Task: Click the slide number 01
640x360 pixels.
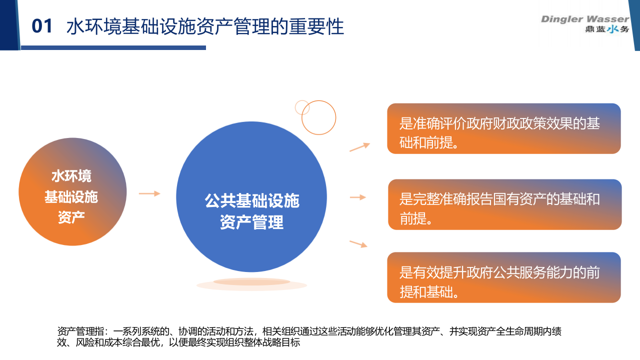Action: coord(42,26)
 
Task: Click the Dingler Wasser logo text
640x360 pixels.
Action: coord(584,19)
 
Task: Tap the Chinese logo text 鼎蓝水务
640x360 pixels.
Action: coord(607,29)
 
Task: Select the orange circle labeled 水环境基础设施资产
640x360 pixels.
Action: coord(72,196)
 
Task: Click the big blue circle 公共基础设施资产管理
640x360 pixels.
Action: coord(251,197)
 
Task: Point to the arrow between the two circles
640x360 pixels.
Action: coord(149,193)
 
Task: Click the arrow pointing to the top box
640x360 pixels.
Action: coord(359,146)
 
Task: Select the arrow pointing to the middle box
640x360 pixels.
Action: coord(358,197)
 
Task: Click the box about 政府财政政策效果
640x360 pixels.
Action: coord(503,128)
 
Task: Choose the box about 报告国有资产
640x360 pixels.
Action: coord(504,204)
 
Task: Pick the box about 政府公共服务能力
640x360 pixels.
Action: coord(503,277)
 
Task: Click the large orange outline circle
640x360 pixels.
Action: coord(318,117)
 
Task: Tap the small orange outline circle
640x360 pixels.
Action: coord(302,107)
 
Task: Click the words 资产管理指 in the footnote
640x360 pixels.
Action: coord(81,331)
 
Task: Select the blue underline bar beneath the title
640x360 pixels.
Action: coord(113,47)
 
